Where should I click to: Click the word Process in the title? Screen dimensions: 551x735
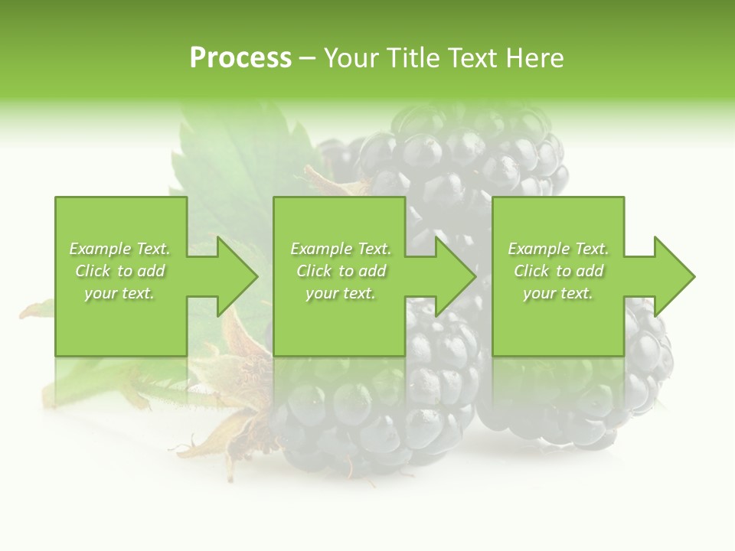pos(240,58)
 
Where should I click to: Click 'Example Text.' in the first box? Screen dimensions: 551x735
pos(119,249)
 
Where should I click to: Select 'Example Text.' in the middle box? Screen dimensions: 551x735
pos(340,249)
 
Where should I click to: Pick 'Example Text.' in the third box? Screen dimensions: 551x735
pos(558,249)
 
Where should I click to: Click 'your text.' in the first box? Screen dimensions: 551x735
pos(119,293)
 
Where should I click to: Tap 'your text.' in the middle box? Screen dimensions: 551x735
pos(340,293)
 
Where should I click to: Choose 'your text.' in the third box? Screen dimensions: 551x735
pos(558,293)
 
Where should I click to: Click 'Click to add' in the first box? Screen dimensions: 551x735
pos(119,271)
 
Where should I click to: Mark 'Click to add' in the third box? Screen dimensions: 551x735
pos(558,271)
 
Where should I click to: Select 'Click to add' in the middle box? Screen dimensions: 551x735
pos(340,271)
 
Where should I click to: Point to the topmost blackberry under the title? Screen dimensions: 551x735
pos(459,153)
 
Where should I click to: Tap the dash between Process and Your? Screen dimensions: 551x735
pos(308,59)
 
